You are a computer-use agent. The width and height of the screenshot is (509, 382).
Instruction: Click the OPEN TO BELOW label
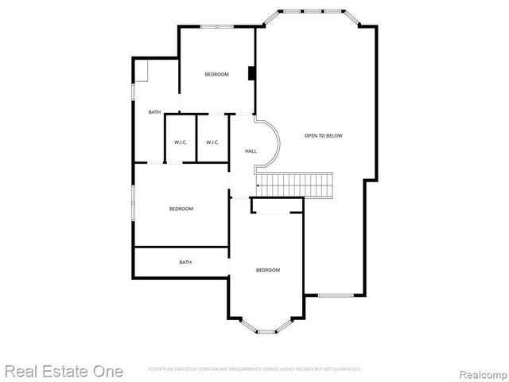pyautogui.click(x=324, y=136)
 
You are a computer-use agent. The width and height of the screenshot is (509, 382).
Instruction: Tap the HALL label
pyautogui.click(x=251, y=150)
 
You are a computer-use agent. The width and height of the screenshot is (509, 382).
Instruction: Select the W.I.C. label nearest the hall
pyautogui.click(x=212, y=142)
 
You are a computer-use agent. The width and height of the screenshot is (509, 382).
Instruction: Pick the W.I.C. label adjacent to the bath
pyautogui.click(x=181, y=142)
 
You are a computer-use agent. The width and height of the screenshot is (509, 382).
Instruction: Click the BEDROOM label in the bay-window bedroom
pyautogui.click(x=267, y=271)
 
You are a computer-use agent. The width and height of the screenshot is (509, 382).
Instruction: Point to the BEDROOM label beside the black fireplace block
pyautogui.click(x=216, y=75)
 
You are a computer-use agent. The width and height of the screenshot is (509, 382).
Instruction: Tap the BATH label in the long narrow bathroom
pyautogui.click(x=185, y=262)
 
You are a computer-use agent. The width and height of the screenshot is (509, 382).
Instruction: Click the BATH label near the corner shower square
pyautogui.click(x=154, y=112)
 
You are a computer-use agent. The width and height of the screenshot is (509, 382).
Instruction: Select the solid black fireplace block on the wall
pyautogui.click(x=251, y=74)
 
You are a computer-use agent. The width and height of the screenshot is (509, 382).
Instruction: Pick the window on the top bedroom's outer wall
pyautogui.click(x=216, y=28)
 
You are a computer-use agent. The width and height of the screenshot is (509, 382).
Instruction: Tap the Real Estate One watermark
pyautogui.click(x=64, y=371)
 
